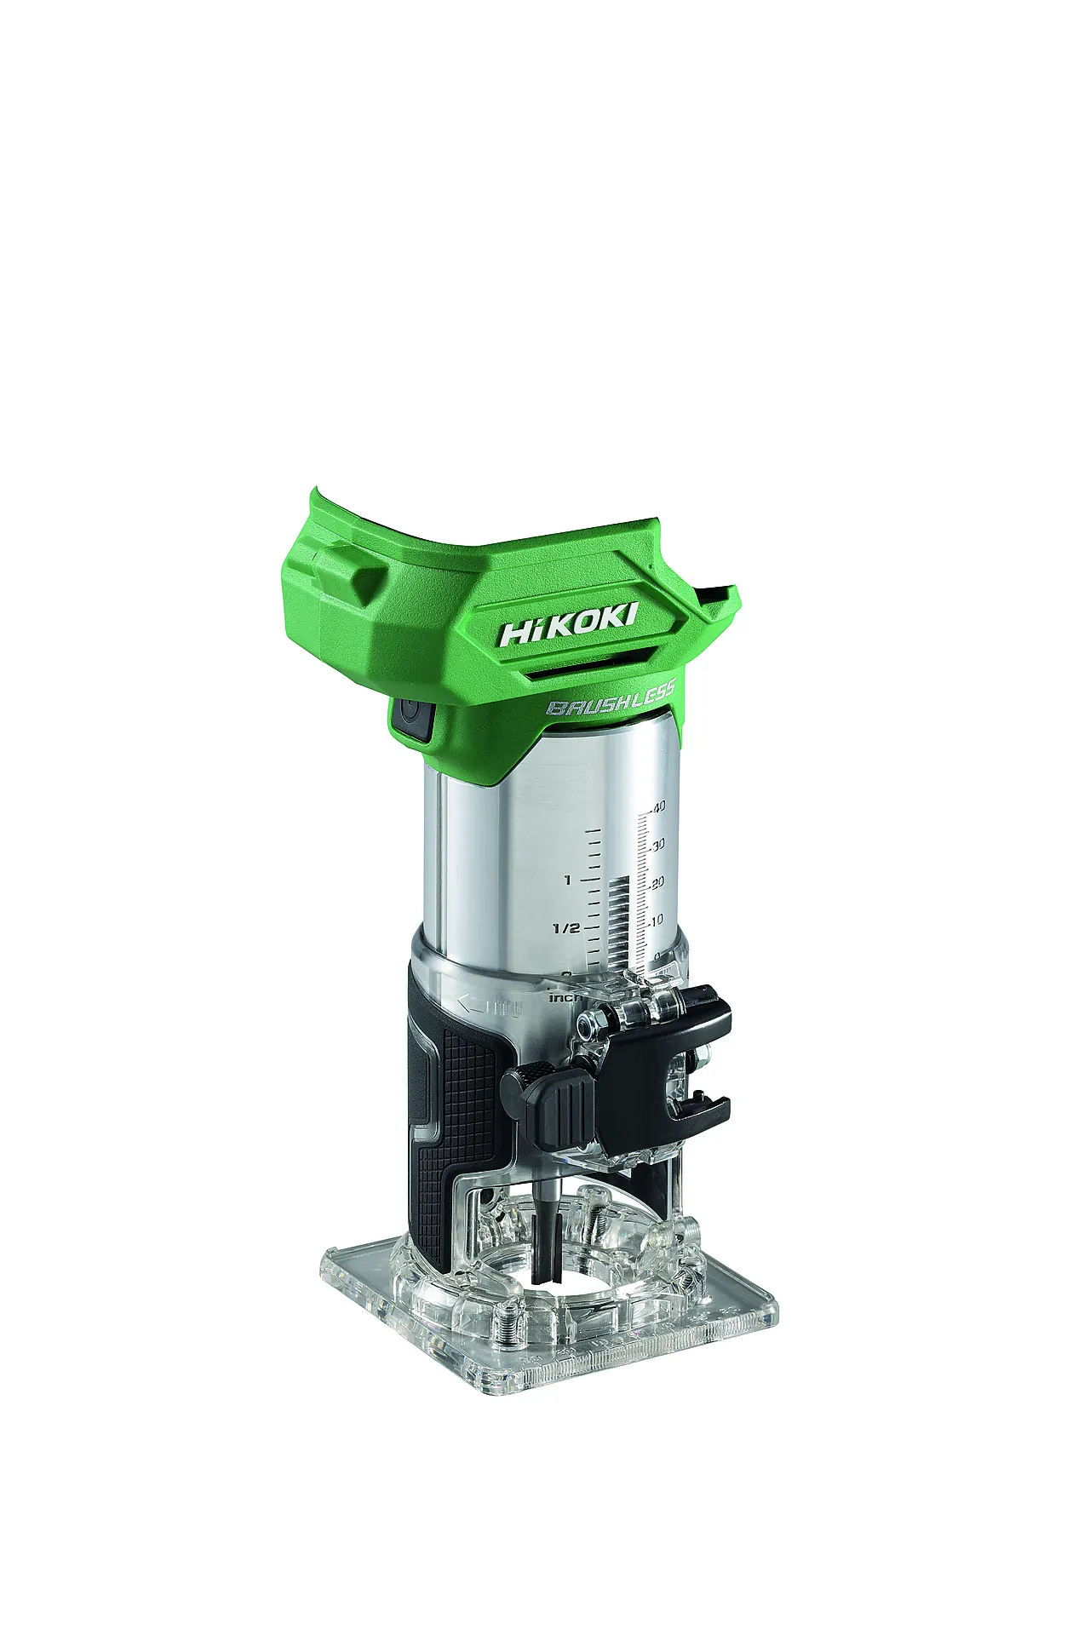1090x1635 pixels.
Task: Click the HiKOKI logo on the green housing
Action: pos(567,625)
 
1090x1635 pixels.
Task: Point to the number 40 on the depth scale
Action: pos(658,806)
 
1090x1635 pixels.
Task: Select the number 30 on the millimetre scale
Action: pos(657,845)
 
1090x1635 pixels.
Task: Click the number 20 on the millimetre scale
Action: pos(657,883)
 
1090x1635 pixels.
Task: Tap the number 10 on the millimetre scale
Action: pos(656,921)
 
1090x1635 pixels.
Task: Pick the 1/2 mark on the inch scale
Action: pos(566,927)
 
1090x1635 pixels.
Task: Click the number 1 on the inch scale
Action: pos(568,880)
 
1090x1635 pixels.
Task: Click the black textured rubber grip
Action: pos(451,1107)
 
